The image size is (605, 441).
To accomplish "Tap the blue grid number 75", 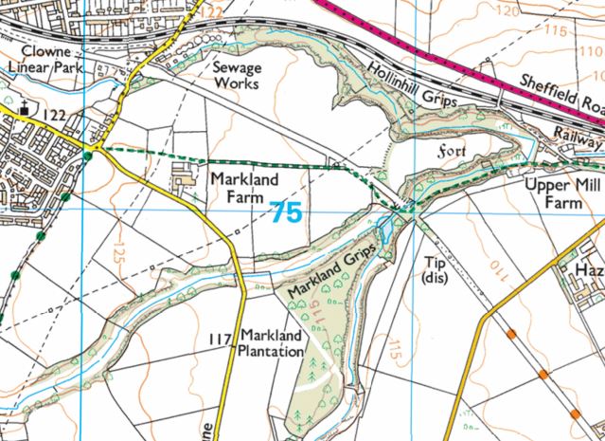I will [286, 212].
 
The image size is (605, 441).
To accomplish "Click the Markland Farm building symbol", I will [183, 176].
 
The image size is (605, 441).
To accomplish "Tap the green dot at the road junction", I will [88, 155].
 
